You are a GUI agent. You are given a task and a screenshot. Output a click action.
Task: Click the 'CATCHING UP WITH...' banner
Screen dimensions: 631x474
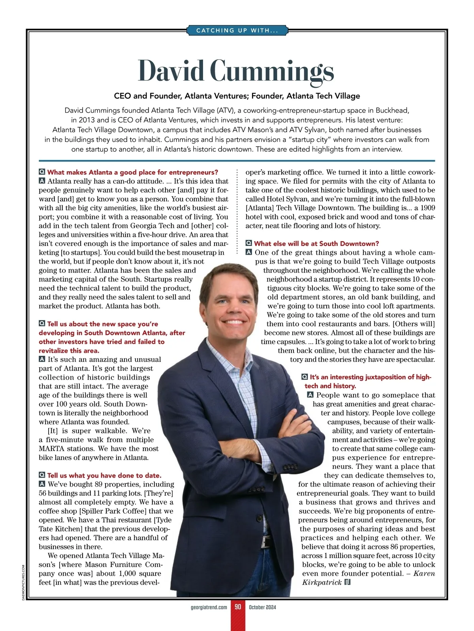click(237, 30)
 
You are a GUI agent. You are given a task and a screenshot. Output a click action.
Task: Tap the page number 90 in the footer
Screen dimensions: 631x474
click(238, 607)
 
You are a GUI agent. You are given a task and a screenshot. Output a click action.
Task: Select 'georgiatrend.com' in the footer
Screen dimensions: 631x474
click(209, 607)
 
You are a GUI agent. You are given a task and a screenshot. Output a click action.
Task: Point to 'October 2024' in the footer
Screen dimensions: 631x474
click(262, 607)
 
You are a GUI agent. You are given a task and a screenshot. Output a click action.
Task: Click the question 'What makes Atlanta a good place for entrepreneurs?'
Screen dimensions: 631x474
click(132, 172)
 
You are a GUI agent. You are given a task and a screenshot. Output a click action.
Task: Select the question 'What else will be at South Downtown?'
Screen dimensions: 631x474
click(316, 244)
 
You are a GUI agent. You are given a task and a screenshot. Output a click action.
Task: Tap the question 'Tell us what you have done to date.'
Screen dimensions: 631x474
click(104, 475)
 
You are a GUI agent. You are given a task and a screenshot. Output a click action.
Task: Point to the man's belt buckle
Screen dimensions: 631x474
click(267, 542)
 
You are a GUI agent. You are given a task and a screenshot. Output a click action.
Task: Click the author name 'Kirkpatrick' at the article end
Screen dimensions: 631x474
click(322, 582)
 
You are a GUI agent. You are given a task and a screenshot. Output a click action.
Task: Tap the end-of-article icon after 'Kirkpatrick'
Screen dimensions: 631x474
click(348, 582)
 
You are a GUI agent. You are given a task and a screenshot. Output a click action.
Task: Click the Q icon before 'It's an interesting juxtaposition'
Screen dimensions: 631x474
click(305, 377)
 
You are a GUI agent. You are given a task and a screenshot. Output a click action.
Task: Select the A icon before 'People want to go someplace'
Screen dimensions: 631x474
click(310, 395)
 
